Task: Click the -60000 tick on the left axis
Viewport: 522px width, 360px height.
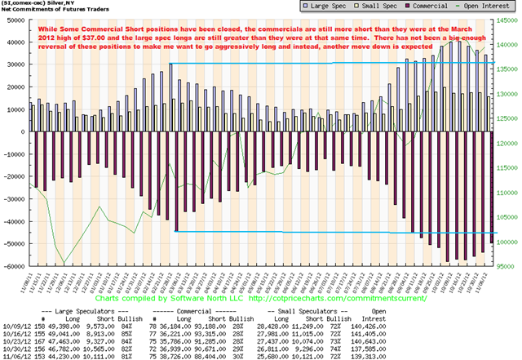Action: tap(12, 266)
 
